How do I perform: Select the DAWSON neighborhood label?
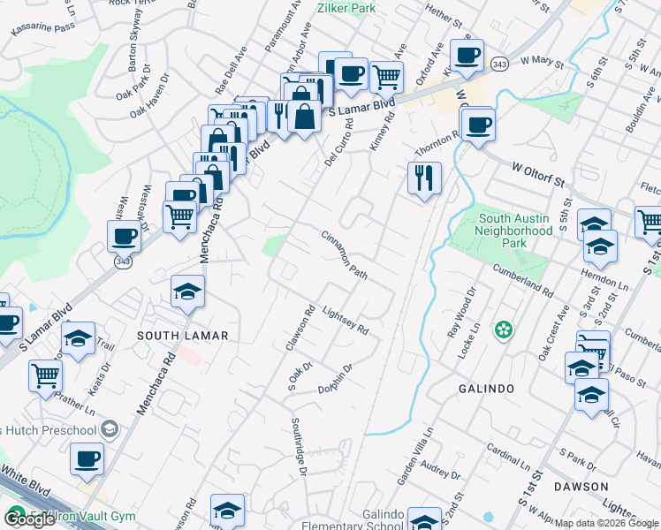pos(581,487)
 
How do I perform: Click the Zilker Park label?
pos(346,8)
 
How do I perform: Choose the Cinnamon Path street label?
pos(344,256)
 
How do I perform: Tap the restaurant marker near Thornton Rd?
pos(424,179)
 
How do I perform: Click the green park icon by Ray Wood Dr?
pos(504,330)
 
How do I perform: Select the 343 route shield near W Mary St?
pos(499,64)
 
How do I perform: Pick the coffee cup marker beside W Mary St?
pos(467,56)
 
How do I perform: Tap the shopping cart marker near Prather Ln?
pos(45,375)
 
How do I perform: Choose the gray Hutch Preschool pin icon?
pos(109,430)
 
